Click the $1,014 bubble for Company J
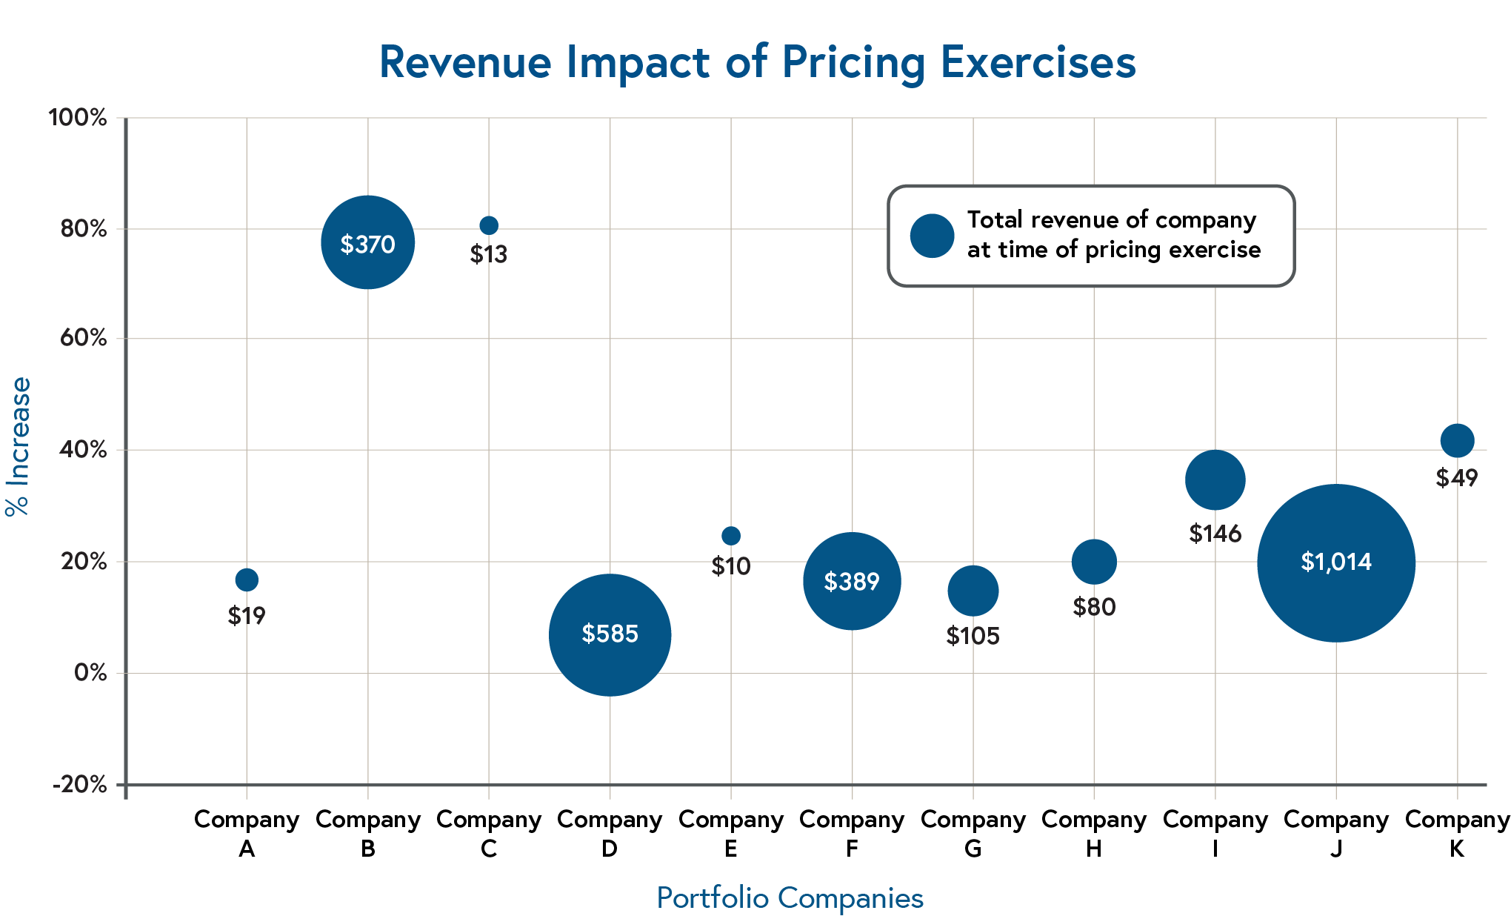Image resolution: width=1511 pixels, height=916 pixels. (1336, 563)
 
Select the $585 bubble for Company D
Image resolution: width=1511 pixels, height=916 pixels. (610, 635)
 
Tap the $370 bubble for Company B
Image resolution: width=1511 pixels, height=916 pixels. (367, 242)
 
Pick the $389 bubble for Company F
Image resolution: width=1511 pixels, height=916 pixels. (852, 581)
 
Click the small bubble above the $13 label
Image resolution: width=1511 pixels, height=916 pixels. (489, 225)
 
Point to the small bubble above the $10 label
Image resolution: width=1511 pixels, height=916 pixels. (731, 536)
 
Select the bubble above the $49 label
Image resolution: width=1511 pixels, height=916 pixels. (1457, 441)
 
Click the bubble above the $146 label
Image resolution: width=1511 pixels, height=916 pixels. (1215, 480)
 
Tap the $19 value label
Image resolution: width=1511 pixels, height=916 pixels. (247, 616)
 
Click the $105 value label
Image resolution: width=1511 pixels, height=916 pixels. (973, 636)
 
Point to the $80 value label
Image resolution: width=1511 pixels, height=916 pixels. (1094, 608)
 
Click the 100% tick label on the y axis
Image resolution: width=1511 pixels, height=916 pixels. (78, 118)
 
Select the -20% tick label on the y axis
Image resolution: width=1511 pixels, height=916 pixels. (80, 785)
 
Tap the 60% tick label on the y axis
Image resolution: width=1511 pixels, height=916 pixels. (83, 339)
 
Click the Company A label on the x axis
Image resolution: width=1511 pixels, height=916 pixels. (247, 834)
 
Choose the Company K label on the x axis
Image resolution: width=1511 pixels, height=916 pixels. (1457, 834)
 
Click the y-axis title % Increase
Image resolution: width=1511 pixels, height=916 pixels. (19, 446)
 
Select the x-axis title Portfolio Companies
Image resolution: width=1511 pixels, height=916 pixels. (790, 898)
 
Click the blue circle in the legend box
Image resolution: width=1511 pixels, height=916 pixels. (932, 236)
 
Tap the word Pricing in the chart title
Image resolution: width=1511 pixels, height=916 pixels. (853, 63)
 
